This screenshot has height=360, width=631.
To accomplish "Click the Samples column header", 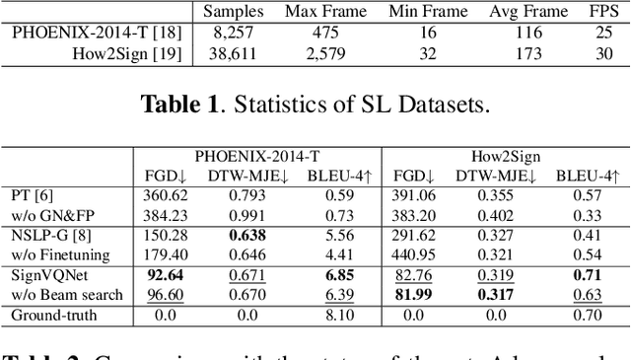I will tap(238, 12).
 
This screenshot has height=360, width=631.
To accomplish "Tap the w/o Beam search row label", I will tap(66, 294).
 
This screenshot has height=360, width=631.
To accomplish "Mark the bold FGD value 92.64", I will tap(166, 276).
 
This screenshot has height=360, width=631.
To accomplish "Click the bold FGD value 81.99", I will tap(415, 294).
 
